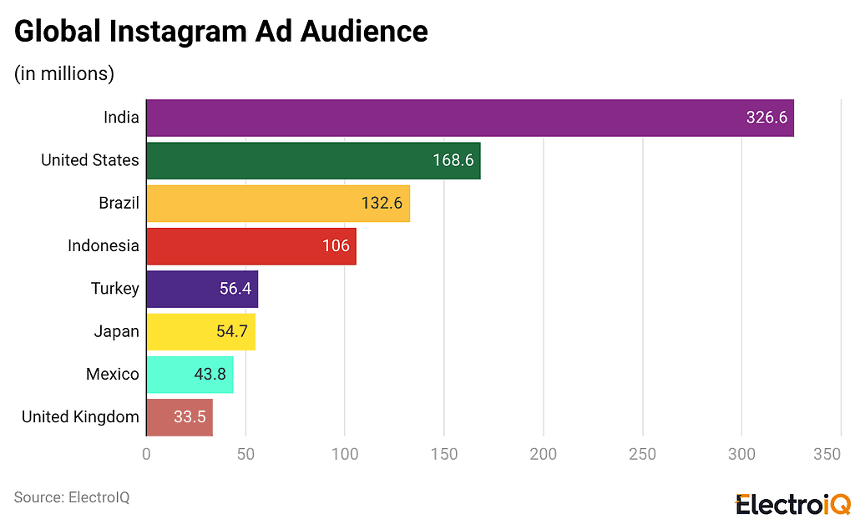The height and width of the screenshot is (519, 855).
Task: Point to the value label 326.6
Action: (x=766, y=118)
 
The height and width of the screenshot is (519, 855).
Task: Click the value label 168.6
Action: (x=453, y=160)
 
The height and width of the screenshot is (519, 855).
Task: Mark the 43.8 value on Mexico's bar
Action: (x=210, y=375)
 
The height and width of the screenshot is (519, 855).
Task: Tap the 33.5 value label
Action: (x=190, y=417)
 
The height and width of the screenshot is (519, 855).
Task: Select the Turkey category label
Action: (x=115, y=289)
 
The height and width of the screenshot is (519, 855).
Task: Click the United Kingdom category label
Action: (x=80, y=417)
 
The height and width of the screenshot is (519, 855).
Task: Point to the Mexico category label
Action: (x=113, y=375)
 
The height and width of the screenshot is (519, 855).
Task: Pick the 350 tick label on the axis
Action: (x=827, y=454)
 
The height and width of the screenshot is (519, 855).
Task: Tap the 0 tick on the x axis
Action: (x=146, y=454)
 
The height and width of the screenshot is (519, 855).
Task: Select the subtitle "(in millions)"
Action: (x=64, y=73)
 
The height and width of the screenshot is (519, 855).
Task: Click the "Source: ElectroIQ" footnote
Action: (x=72, y=497)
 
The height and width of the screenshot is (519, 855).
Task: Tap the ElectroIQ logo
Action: (x=792, y=504)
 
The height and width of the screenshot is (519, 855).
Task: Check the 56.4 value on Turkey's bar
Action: (x=234, y=289)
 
